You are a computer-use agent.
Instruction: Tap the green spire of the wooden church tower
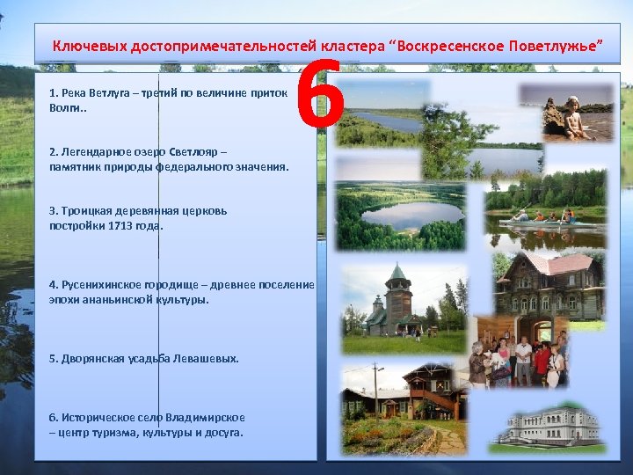coord(397,273)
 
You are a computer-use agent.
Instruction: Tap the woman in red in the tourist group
coord(542,361)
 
